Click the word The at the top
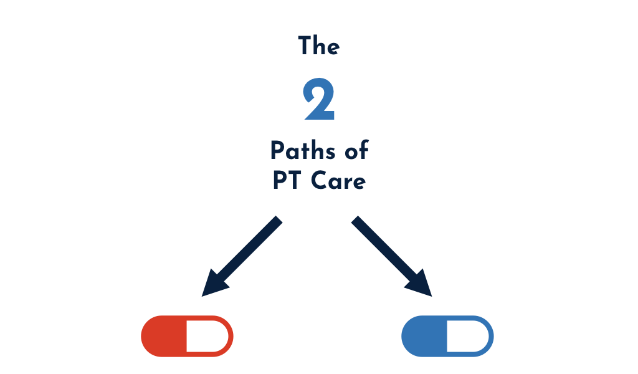click(x=318, y=46)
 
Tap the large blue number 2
click(x=319, y=100)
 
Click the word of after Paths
click(x=355, y=150)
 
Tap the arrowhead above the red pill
click(x=212, y=284)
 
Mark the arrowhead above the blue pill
click(x=421, y=284)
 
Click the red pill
click(x=187, y=336)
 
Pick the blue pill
click(x=447, y=336)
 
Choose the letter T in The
click(x=305, y=46)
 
